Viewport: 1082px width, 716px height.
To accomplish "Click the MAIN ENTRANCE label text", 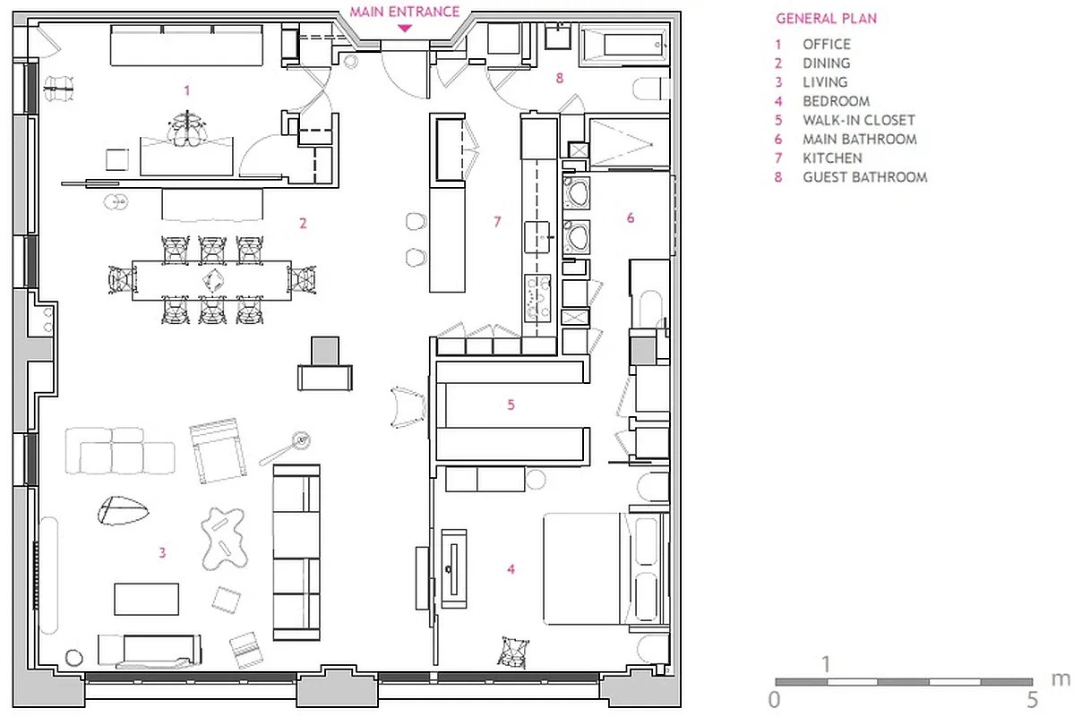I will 405,12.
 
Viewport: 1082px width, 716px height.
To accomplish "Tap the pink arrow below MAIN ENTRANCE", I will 405,29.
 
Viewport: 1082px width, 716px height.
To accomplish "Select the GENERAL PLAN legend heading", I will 826,18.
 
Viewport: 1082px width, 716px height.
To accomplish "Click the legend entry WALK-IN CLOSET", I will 858,120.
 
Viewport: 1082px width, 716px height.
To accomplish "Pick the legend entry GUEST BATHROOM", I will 864,177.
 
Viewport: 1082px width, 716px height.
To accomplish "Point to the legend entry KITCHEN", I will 832,158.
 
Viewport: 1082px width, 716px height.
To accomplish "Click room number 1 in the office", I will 186,89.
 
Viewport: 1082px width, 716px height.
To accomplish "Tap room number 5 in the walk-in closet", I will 511,405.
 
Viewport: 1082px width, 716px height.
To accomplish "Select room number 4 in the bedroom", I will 511,568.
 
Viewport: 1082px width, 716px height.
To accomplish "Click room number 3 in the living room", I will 162,553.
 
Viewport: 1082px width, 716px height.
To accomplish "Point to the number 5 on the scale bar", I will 1032,699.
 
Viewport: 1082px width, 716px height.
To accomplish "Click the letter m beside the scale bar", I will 1060,678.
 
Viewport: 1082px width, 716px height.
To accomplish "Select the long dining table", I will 211,280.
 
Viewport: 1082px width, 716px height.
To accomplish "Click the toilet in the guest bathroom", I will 652,88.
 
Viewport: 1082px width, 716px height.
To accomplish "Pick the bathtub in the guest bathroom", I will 623,43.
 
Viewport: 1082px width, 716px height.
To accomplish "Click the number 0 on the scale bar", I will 774,699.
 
